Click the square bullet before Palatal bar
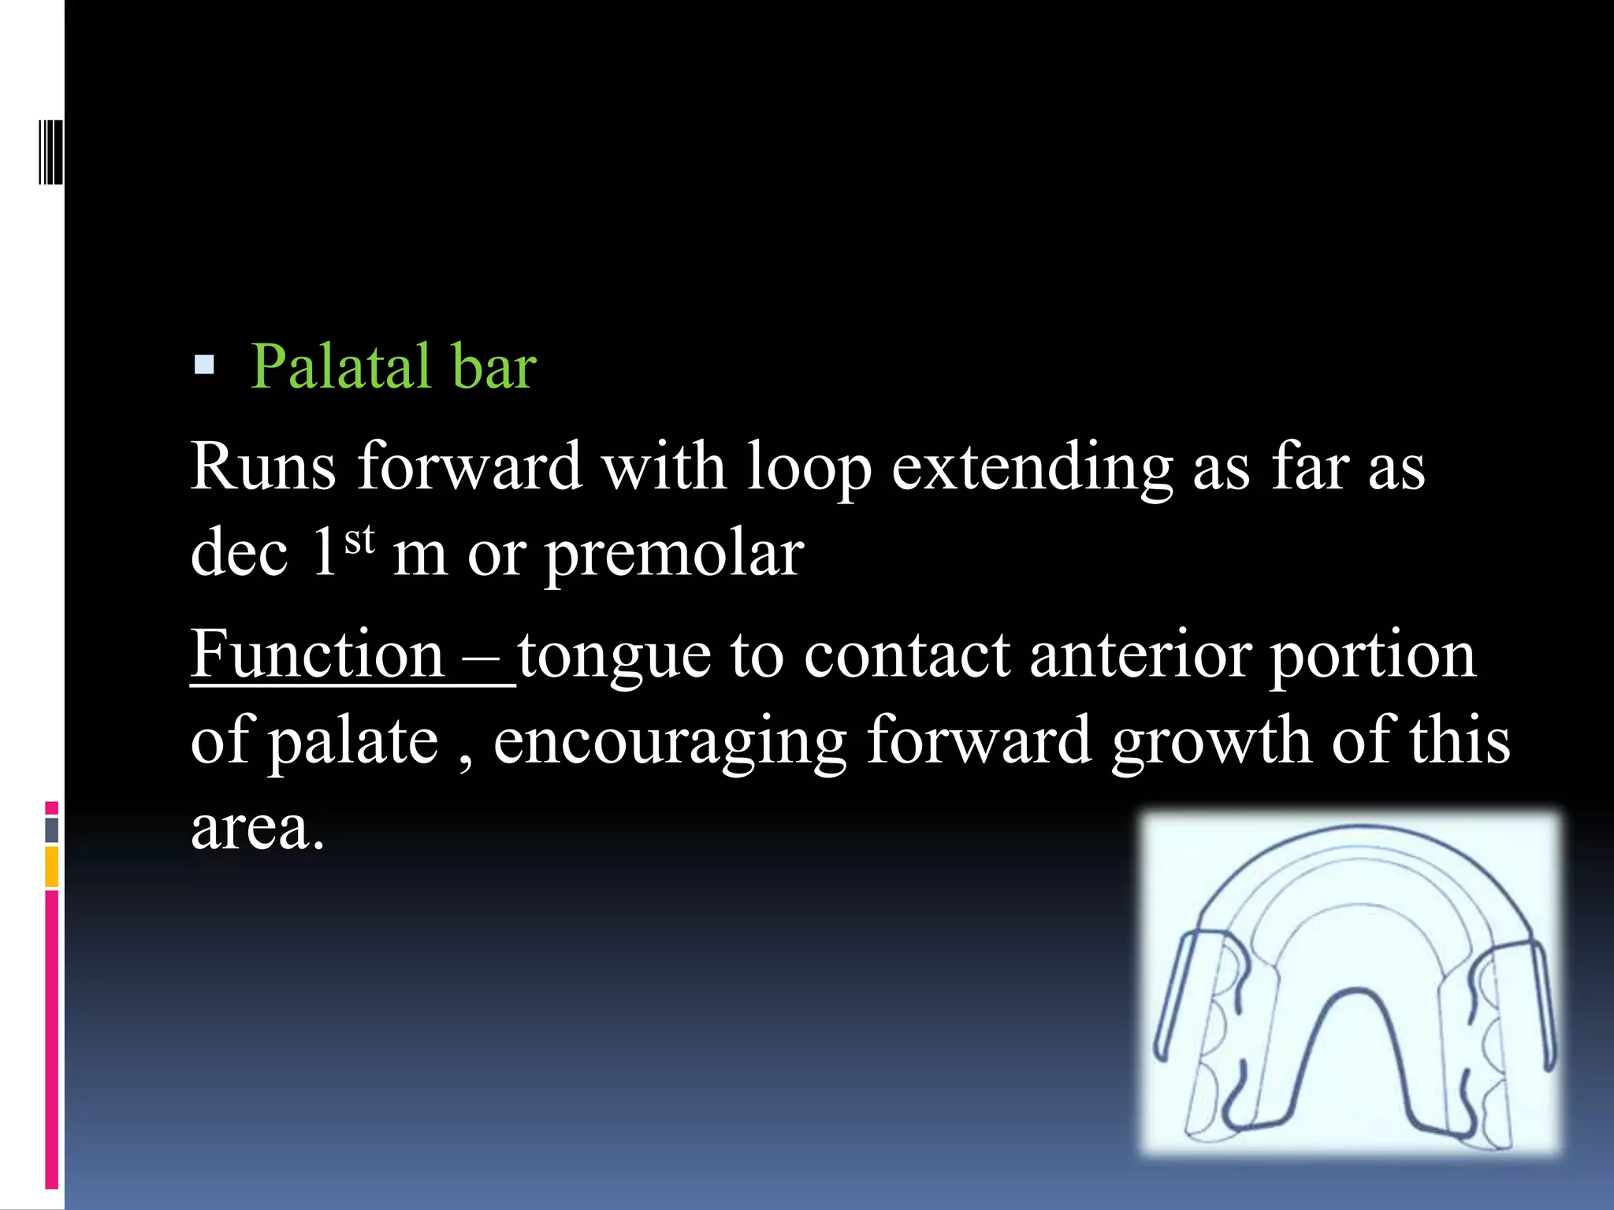204,364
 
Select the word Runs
263,466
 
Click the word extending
1032,469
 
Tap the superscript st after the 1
360,540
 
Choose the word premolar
675,555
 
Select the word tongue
614,658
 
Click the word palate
353,742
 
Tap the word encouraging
670,742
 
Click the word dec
239,553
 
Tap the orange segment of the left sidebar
52,867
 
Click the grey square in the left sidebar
52,830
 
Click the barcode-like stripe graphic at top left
50,152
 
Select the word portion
1372,658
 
